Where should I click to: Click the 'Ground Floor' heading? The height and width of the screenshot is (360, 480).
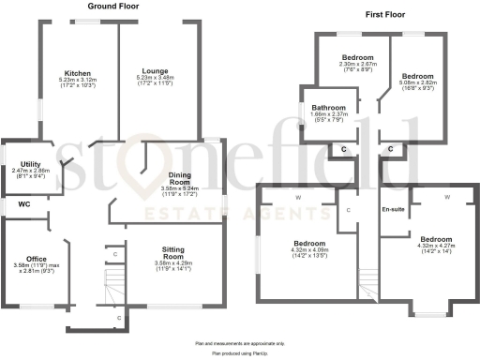(x=115, y=6)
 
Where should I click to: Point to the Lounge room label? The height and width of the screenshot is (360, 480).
(x=155, y=70)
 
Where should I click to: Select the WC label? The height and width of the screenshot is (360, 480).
(x=12, y=203)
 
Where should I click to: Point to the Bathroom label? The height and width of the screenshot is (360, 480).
(x=329, y=108)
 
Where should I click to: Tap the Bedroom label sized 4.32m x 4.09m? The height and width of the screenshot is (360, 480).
(x=310, y=241)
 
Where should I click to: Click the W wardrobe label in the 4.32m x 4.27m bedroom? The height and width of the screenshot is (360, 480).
(x=446, y=197)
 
